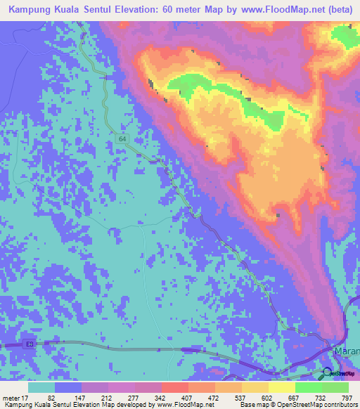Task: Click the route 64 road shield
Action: click(124, 140)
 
